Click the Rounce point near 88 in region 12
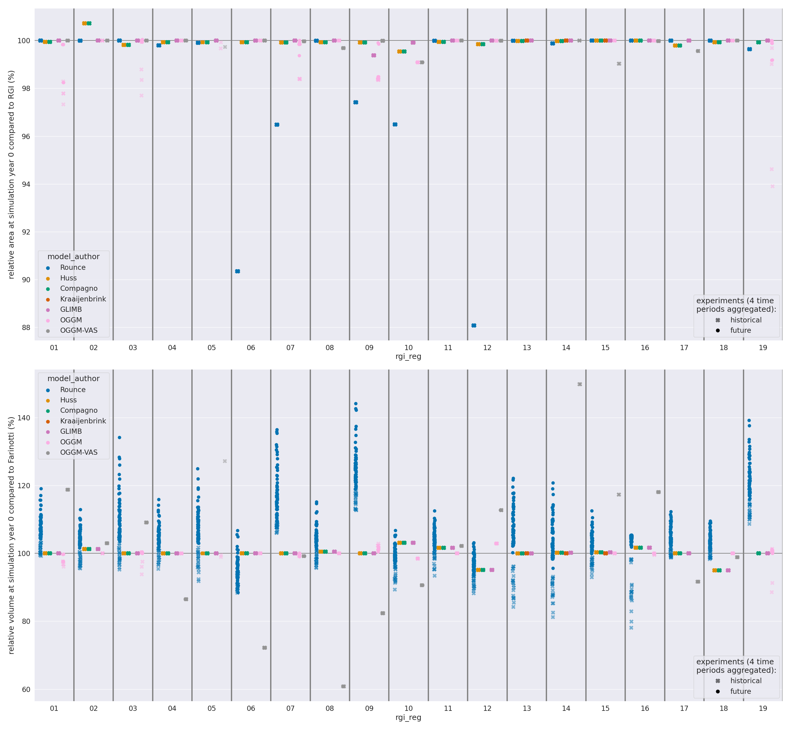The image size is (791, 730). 474,325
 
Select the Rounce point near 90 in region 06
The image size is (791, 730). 238,271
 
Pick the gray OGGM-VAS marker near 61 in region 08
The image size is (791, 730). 343,687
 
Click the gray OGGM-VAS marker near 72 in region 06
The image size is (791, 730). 264,648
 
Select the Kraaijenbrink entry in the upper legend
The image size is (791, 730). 83,299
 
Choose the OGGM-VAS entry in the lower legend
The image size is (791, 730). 78,452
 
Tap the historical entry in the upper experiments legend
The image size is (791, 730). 746,320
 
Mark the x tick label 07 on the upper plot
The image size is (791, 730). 291,348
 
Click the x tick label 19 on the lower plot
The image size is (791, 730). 763,709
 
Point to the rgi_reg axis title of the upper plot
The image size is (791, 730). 408,356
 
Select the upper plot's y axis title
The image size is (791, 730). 12,174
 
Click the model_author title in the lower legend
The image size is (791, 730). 74,378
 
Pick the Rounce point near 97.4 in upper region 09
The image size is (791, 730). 356,102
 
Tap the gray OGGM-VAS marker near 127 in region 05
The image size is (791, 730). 225,461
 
